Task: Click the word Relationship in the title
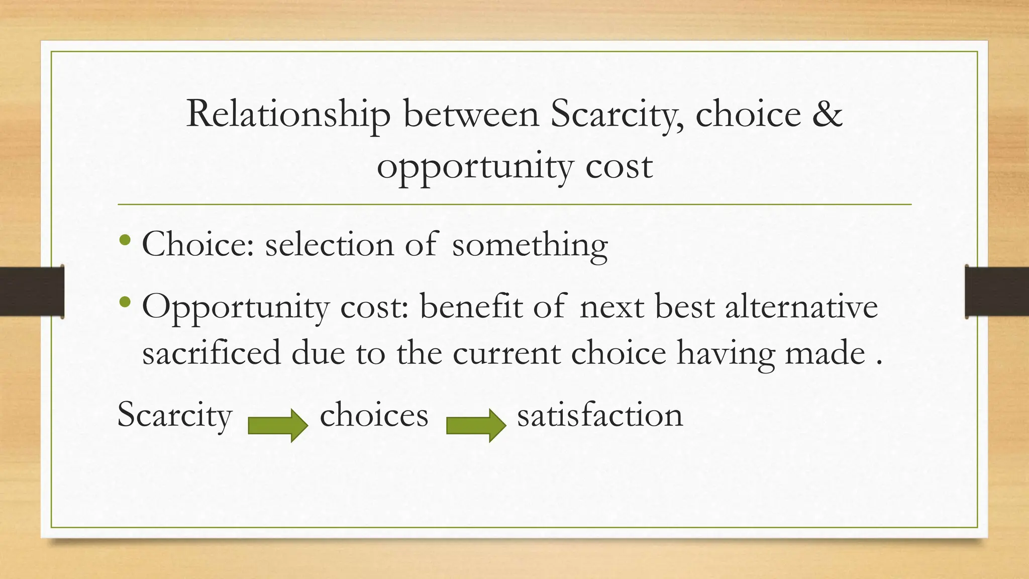(288, 115)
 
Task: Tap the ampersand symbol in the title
(826, 114)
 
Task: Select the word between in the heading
(471, 114)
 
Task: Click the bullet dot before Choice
(126, 241)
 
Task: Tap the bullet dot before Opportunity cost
(126, 302)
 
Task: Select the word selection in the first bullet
(329, 245)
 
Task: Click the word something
(530, 246)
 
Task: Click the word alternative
(801, 307)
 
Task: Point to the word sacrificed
(211, 353)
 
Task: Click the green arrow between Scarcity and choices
(278, 425)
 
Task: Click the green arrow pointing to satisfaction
(476, 425)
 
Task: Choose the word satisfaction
(600, 416)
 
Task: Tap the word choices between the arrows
(374, 416)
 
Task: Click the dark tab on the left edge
(32, 292)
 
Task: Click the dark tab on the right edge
(997, 292)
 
